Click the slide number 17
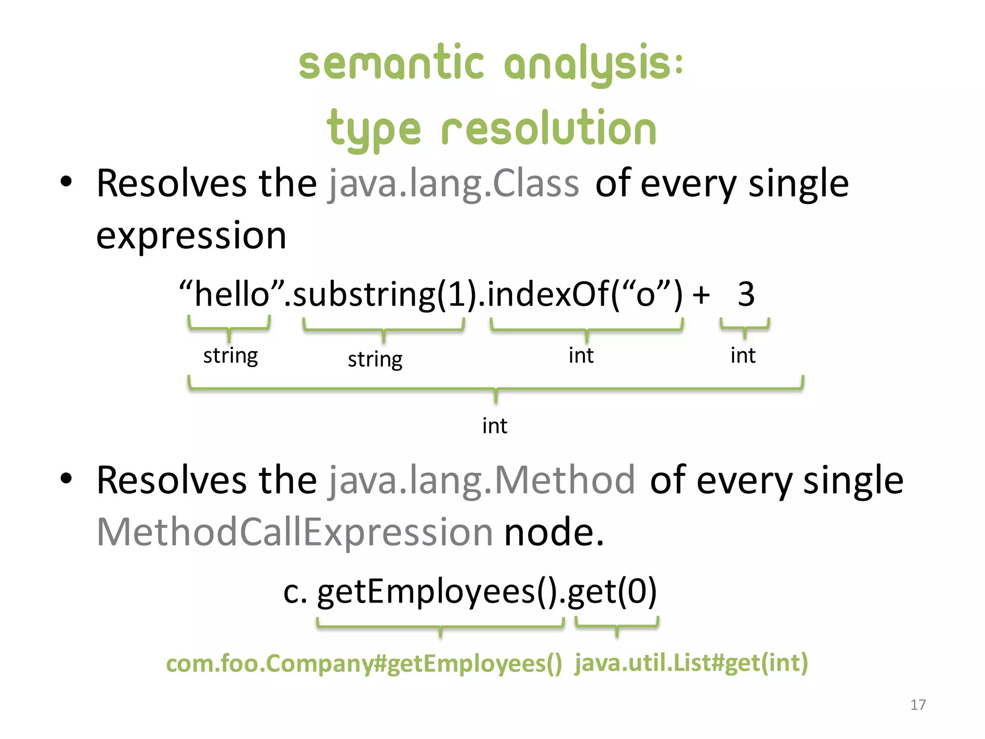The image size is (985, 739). (918, 705)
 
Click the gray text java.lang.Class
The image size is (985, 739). (454, 184)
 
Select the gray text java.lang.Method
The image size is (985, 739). (481, 480)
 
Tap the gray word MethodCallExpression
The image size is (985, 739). (294, 532)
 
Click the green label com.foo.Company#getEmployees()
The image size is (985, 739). (364, 664)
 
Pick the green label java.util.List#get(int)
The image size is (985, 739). (691, 663)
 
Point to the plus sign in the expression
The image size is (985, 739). (701, 295)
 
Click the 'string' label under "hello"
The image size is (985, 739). (230, 356)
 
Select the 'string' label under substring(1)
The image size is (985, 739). (375, 359)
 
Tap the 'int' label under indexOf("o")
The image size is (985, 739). (581, 356)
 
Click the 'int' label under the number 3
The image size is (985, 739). (743, 356)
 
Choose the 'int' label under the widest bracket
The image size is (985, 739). (494, 426)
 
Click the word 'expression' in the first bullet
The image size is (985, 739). (191, 236)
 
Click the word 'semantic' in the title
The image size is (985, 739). (391, 64)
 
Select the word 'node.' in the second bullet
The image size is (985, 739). (554, 532)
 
